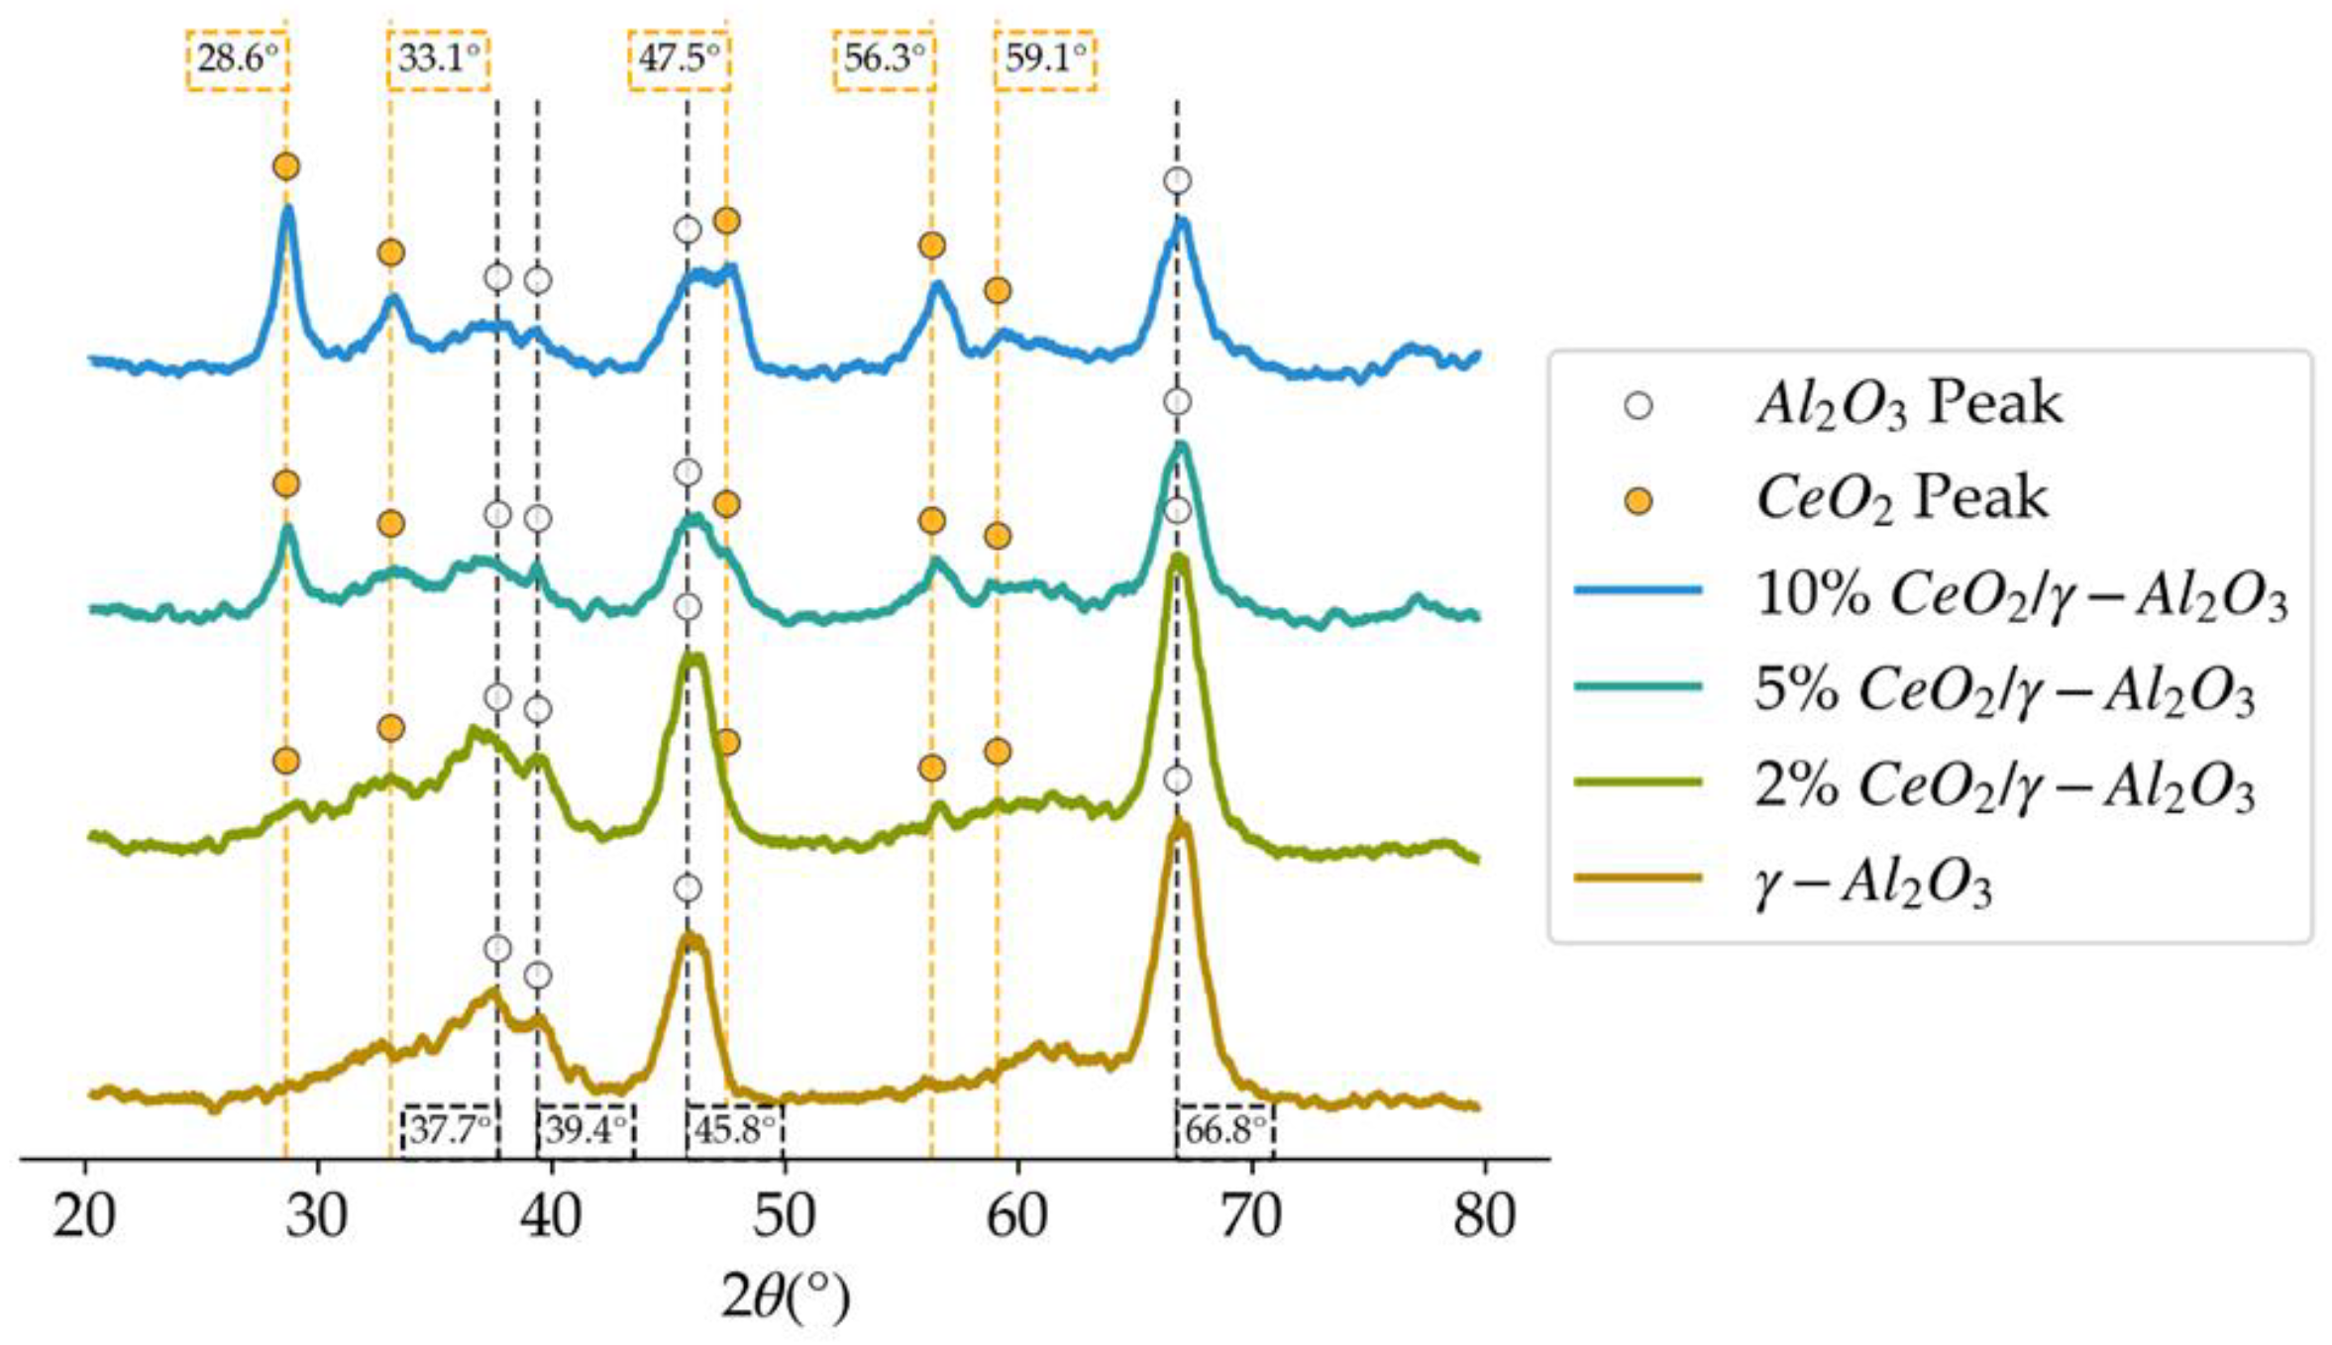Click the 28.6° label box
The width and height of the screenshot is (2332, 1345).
(237, 59)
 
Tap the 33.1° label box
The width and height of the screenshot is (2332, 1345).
(438, 59)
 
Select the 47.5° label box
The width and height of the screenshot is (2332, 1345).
(679, 59)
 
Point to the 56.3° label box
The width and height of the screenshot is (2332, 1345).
(884, 59)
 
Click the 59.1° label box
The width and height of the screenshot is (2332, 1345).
(1045, 59)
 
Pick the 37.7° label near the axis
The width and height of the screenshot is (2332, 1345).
(450, 1130)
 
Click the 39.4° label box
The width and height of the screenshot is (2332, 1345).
(585, 1130)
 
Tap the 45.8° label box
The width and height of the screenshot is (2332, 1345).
(734, 1130)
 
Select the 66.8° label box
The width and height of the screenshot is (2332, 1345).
(1224, 1130)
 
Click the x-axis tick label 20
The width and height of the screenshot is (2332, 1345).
(84, 1215)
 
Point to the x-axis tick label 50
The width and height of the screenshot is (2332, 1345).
(784, 1215)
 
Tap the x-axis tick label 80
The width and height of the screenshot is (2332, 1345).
(1484, 1215)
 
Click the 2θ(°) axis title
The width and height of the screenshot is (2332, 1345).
(785, 1298)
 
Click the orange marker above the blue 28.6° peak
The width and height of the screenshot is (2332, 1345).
(286, 166)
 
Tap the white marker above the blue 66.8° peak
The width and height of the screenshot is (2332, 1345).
(1177, 181)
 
